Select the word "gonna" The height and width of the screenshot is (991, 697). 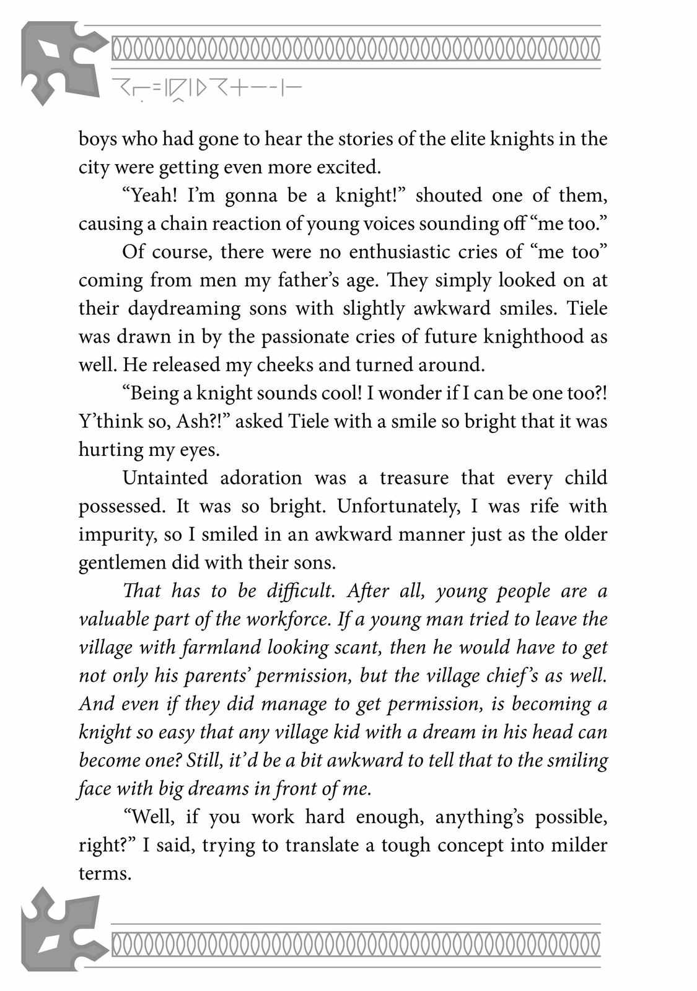click(252, 195)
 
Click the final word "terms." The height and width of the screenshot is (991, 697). click(105, 873)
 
